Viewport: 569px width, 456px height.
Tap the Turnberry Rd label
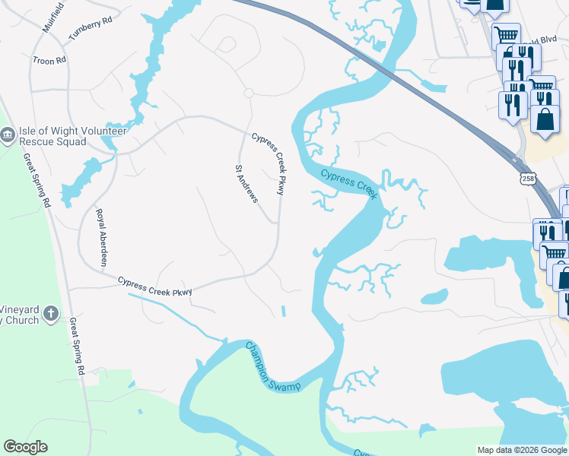90,30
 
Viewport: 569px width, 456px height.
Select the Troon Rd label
49,59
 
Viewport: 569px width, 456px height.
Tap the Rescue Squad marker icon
8,135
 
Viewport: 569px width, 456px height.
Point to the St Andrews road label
246,183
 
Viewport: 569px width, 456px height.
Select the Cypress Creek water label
348,184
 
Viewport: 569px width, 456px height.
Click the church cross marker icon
51,313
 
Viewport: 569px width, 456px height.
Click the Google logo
25,447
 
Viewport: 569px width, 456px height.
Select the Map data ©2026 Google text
521,450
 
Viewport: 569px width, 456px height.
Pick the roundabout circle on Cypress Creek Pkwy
248,93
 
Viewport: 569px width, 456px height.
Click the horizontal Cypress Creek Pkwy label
155,286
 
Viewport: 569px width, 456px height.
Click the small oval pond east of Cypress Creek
434,296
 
